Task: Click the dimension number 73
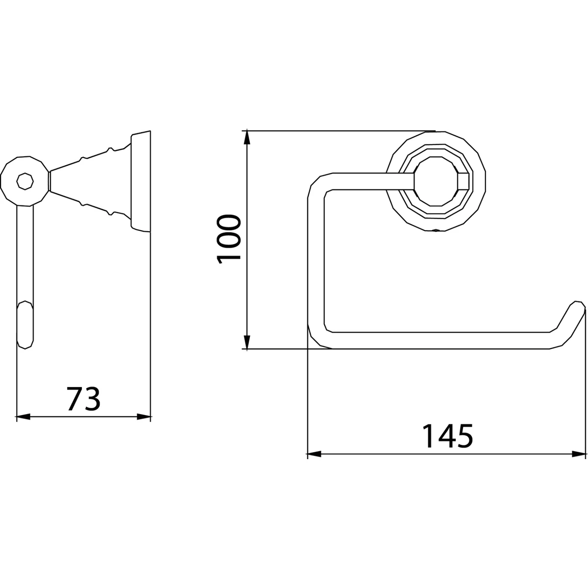pyautogui.click(x=84, y=399)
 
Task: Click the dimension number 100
pyautogui.click(x=228, y=240)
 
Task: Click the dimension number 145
pyautogui.click(x=448, y=436)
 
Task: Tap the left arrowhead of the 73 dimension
pyautogui.click(x=23, y=417)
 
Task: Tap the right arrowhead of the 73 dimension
pyautogui.click(x=144, y=417)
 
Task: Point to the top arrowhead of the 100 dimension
pyautogui.click(x=247, y=138)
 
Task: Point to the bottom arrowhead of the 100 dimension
pyautogui.click(x=247, y=342)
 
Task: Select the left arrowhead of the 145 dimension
pyautogui.click(x=314, y=454)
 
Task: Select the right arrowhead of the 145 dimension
pyautogui.click(x=579, y=454)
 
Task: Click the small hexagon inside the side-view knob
pyautogui.click(x=24, y=181)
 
